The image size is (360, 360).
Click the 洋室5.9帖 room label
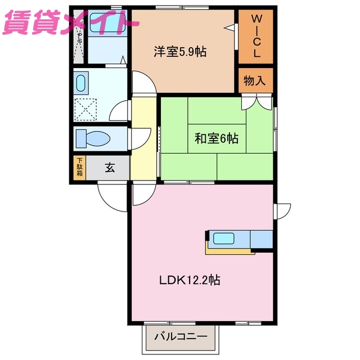(180, 52)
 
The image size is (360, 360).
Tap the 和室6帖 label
(217, 138)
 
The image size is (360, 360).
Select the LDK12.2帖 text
(188, 280)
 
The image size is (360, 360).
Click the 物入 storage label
(254, 80)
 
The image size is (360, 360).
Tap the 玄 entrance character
(110, 167)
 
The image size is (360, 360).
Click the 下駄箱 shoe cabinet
(80, 167)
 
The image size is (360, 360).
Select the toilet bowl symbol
(93, 138)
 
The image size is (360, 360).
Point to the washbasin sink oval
(79, 84)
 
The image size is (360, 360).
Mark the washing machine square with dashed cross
(85, 109)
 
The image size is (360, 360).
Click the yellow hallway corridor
(143, 138)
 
